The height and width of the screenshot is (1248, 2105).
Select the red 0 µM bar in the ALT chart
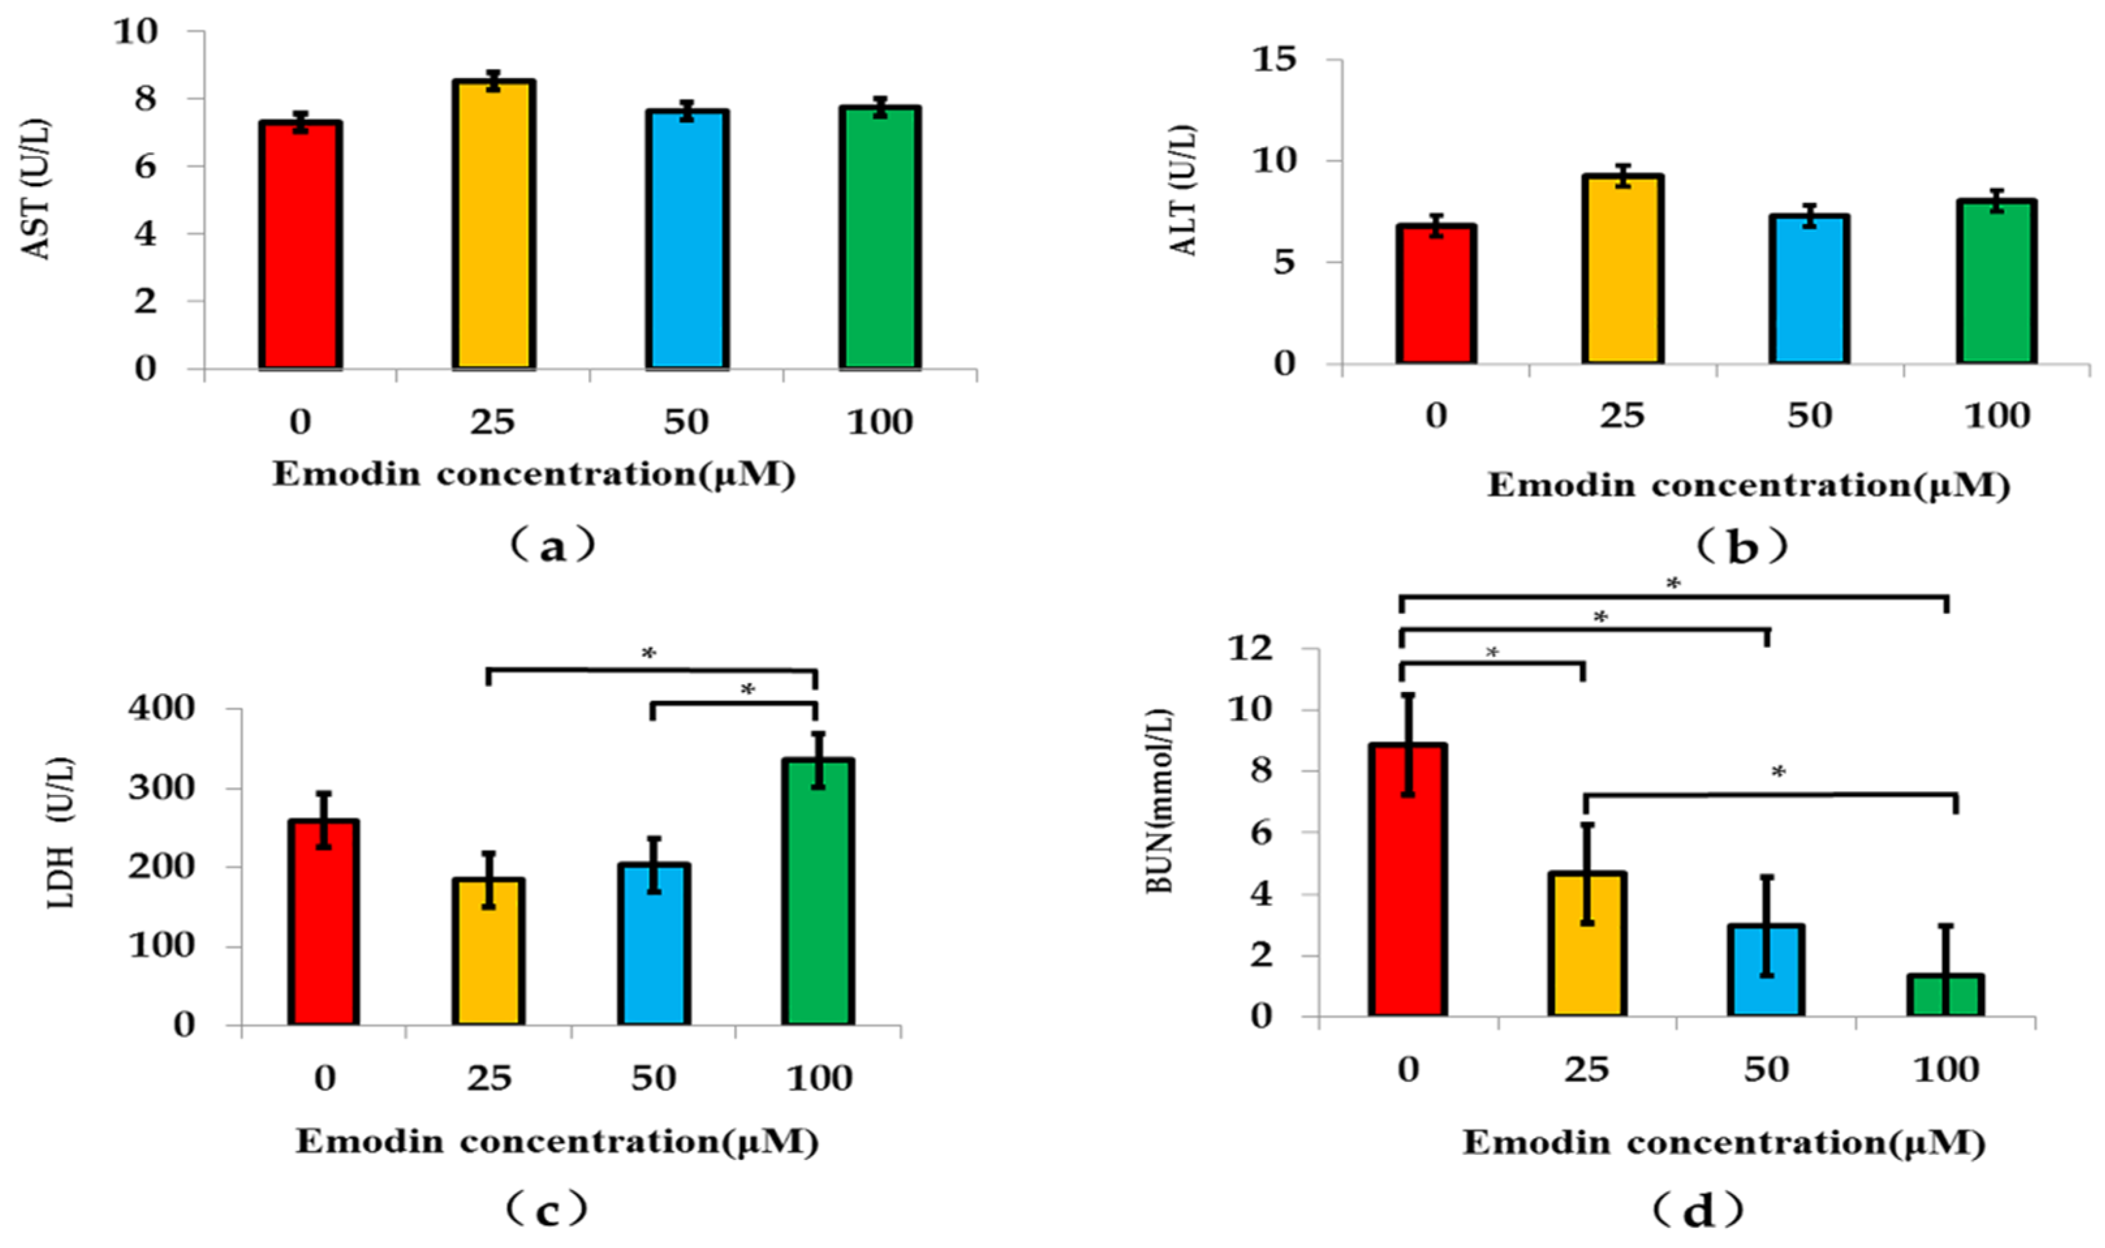[1436, 294]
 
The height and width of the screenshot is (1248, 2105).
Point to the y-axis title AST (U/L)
[35, 189]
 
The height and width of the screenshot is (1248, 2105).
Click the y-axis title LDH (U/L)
[61, 833]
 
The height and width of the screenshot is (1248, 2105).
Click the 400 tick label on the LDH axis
[161, 708]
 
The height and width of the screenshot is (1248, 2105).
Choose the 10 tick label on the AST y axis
[135, 32]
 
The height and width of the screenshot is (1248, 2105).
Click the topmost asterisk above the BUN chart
[1673, 583]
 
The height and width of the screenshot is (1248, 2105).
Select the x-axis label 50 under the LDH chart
[654, 1078]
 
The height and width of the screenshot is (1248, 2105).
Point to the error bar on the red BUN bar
[1408, 743]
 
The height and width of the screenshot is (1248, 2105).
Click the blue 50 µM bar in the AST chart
[686, 240]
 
